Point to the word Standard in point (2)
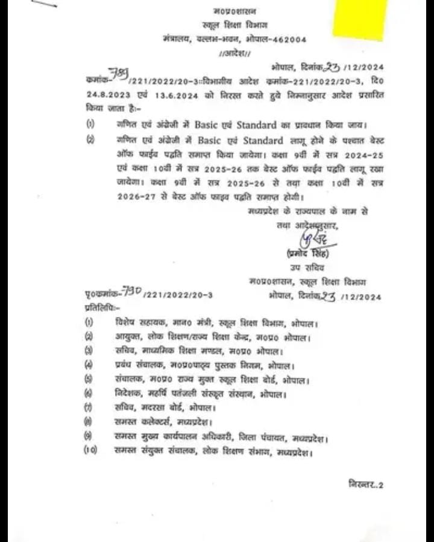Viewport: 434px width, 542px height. [x=260, y=141]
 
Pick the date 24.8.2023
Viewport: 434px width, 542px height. [x=107, y=95]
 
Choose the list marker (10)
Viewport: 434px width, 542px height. [x=90, y=450]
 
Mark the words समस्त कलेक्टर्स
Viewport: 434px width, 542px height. [x=145, y=422]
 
